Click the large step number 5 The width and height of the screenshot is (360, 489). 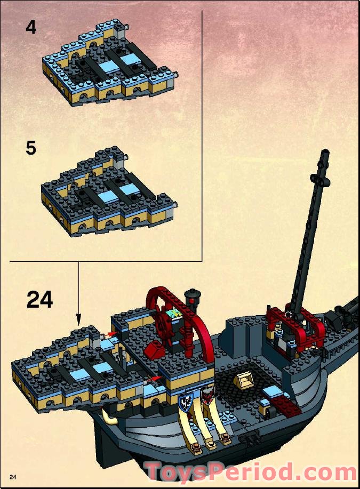pos(31,148)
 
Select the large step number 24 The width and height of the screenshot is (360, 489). pos(39,300)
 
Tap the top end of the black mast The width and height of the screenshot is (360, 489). pos(323,155)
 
